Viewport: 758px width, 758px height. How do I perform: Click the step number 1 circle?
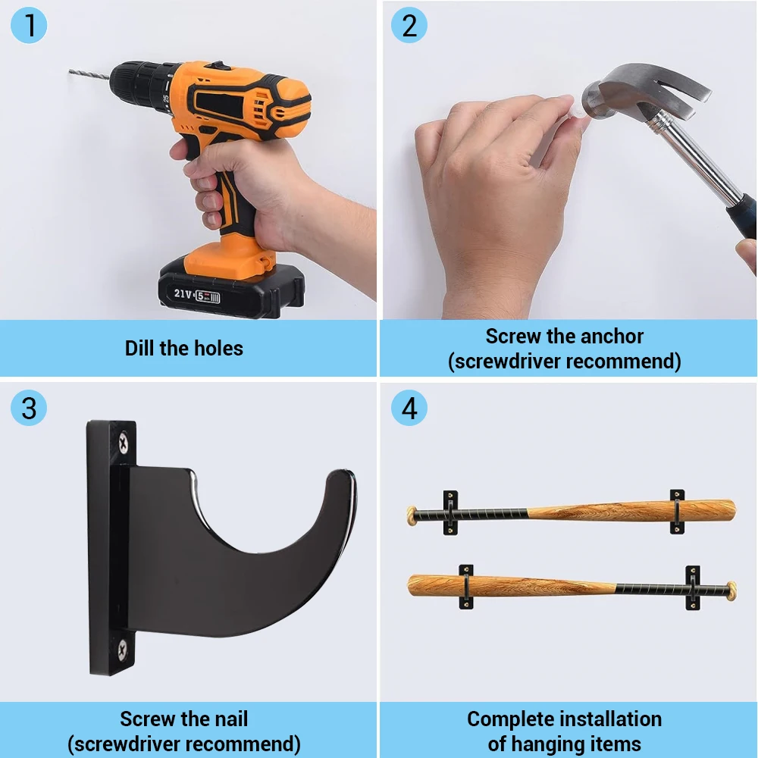tap(29, 25)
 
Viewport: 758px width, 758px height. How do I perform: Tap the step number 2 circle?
tap(409, 25)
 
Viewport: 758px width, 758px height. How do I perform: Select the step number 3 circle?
tap(29, 408)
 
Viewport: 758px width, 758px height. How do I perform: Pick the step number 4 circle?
tap(409, 408)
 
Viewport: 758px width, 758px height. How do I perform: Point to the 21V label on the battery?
tap(183, 293)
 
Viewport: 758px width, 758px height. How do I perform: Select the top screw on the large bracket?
tap(124, 443)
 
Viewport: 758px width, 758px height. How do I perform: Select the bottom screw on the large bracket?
tap(122, 650)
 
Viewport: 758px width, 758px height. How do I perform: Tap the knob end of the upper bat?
tap(412, 515)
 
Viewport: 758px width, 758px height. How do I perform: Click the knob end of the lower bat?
tap(732, 591)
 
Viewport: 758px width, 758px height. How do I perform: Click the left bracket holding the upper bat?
tap(450, 513)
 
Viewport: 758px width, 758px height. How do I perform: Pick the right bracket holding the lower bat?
tap(693, 587)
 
